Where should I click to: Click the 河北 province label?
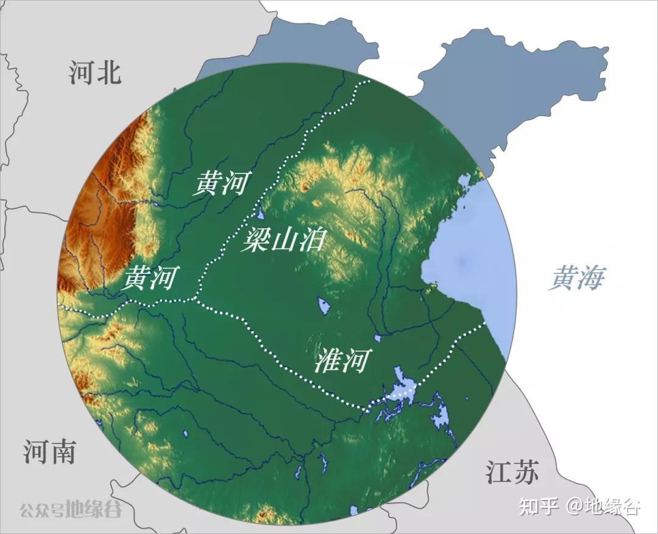click(95, 72)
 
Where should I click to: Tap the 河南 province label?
click(50, 451)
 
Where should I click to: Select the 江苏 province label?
click(512, 472)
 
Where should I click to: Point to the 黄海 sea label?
click(576, 279)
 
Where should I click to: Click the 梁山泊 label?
click(283, 241)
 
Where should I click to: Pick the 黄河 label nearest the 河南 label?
click(150, 278)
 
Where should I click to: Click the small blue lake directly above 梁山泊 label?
click(260, 213)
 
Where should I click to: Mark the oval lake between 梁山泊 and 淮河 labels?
click(324, 306)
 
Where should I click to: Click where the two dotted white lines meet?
click(196, 298)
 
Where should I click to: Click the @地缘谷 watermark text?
click(603, 506)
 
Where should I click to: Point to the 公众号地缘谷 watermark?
click(71, 508)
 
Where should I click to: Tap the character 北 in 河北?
click(110, 72)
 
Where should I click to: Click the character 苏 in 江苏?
click(526, 472)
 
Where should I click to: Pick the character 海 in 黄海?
click(591, 279)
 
